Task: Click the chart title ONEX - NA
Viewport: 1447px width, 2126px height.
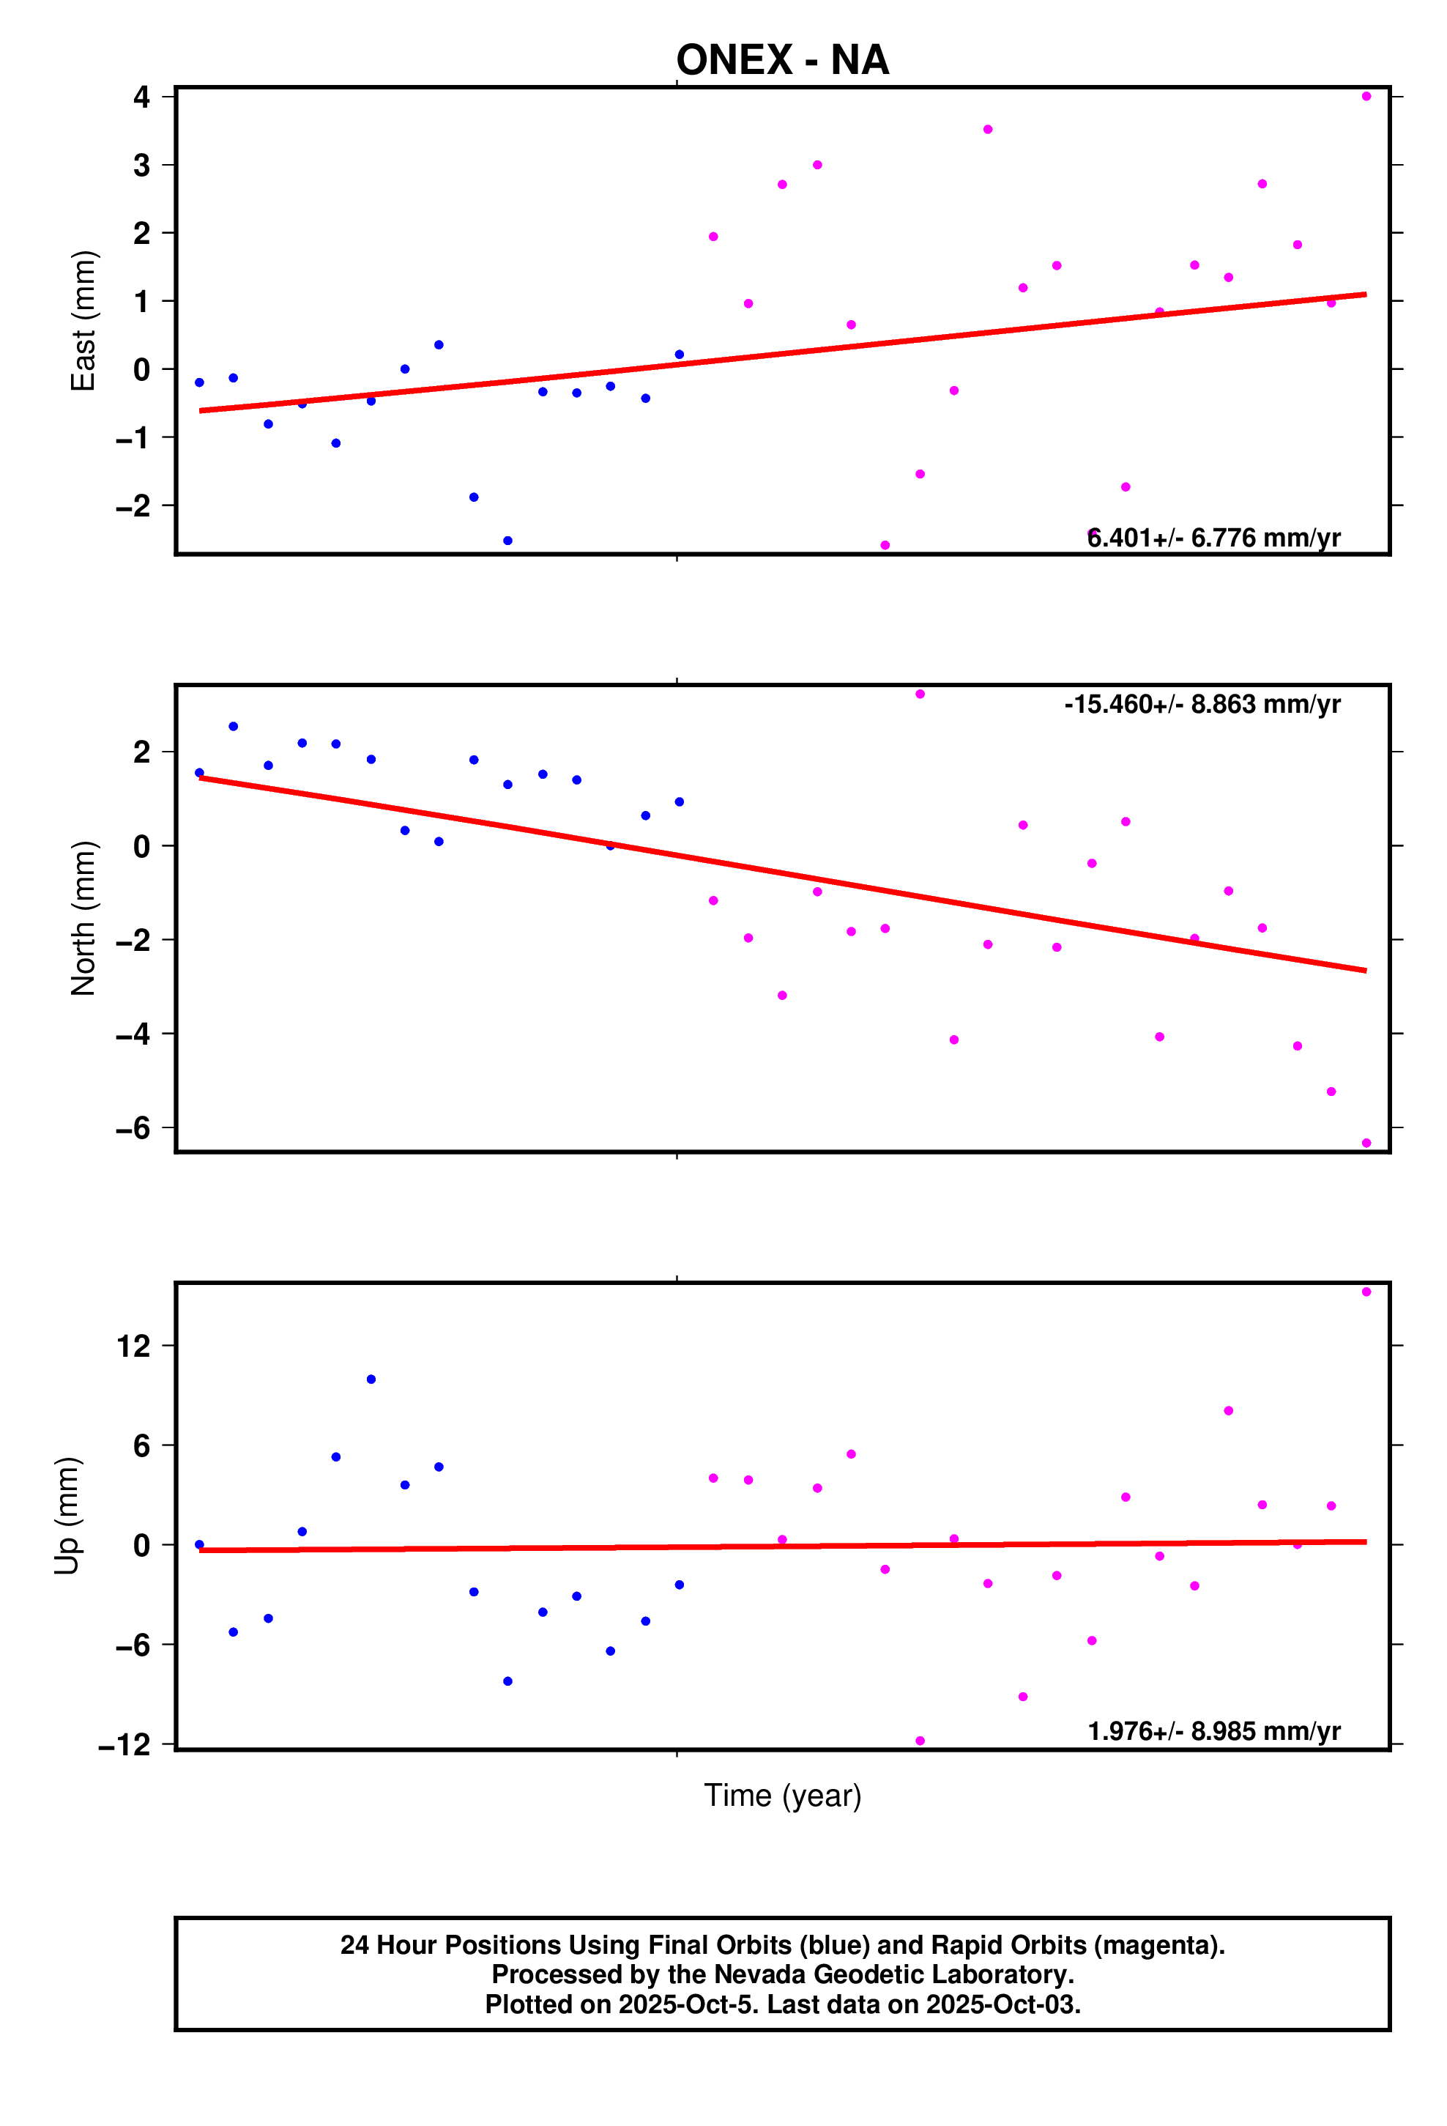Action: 782,60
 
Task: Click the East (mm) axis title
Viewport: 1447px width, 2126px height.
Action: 83,320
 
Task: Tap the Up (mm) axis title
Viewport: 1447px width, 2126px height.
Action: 67,1515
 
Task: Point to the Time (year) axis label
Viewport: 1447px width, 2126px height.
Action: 782,1795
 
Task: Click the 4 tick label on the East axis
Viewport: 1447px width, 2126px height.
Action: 142,97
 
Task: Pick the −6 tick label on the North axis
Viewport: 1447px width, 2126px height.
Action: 133,1128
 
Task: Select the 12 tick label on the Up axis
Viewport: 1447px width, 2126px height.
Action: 133,1346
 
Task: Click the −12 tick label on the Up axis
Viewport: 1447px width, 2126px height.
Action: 125,1746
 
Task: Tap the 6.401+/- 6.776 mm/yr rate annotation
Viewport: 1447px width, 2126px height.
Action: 1213,538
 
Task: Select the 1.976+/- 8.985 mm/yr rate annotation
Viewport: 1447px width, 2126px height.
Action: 1213,1732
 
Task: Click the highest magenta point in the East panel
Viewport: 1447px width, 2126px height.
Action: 1366,96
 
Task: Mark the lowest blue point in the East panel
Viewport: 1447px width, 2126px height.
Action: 507,541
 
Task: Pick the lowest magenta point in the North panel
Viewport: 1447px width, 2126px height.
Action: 1366,1143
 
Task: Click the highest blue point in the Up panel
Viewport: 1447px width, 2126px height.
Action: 371,1379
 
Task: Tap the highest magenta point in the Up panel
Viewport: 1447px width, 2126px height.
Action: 1366,1292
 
